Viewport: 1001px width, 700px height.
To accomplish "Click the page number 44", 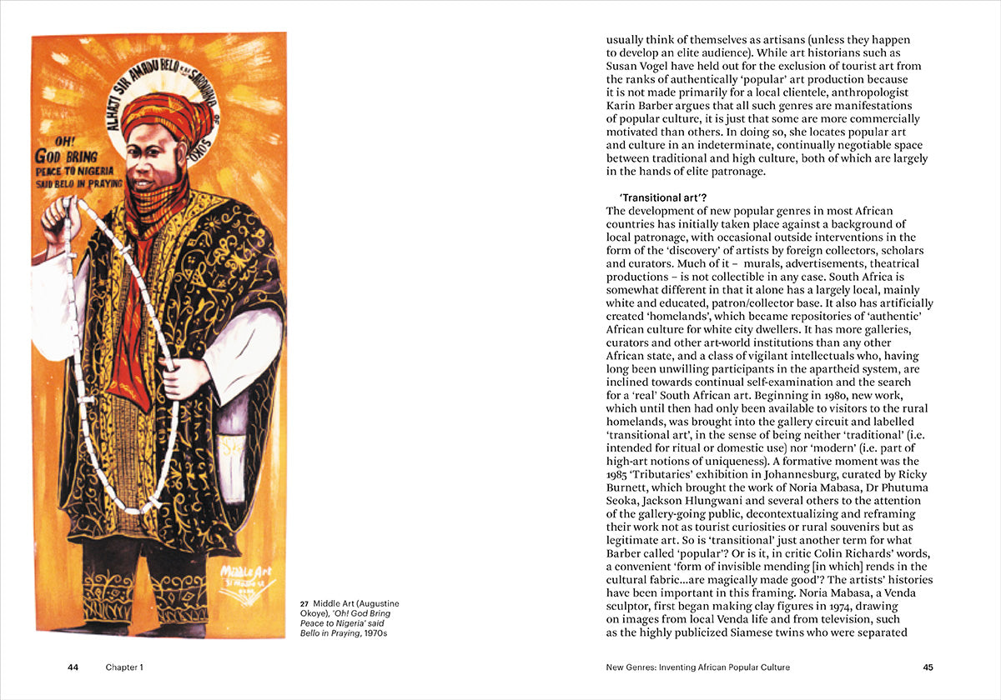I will pyautogui.click(x=73, y=667).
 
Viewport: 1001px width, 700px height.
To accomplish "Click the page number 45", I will pyautogui.click(x=928, y=667).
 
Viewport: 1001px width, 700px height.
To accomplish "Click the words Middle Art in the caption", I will pyautogui.click(x=334, y=603).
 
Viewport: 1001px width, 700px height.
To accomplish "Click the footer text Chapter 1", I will pyautogui.click(x=124, y=667).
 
